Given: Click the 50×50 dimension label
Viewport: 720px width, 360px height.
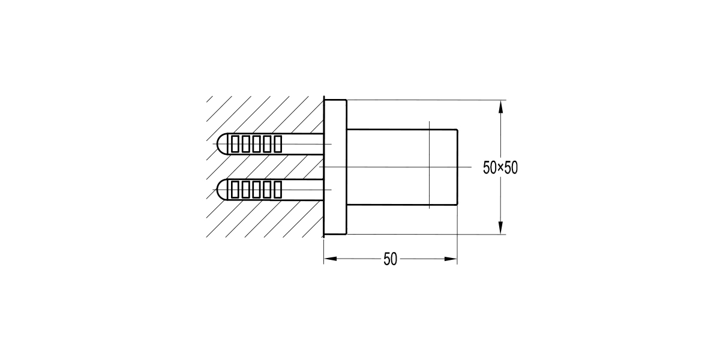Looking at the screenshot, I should pos(500,167).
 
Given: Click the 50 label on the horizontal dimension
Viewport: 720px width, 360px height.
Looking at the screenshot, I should pos(390,259).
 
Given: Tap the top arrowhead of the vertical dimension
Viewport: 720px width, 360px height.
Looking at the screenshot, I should pos(501,106).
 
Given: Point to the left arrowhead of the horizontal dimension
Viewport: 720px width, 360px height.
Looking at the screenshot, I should pos(329,259).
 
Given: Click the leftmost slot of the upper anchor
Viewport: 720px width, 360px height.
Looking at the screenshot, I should pos(236,143).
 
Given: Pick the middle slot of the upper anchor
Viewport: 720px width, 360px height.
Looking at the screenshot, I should pos(257,143).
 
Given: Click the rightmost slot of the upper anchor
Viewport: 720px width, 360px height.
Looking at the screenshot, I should pos(277,143).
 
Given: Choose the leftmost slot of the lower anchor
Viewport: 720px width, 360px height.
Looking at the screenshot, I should pos(236,189).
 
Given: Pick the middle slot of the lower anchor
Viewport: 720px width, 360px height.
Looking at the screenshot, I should pos(257,189).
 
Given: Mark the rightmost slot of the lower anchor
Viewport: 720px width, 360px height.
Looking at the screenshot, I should pos(277,189).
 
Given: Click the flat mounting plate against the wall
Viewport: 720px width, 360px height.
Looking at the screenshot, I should pos(335,166).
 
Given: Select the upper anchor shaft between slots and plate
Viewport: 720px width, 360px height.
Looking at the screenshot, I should pos(303,143).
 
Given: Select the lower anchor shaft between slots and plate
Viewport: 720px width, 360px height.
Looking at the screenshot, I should pos(303,189).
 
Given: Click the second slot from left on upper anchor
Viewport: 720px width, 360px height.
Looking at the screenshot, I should pos(246,143).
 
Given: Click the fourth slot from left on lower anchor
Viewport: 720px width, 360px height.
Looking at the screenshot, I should pos(267,189).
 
